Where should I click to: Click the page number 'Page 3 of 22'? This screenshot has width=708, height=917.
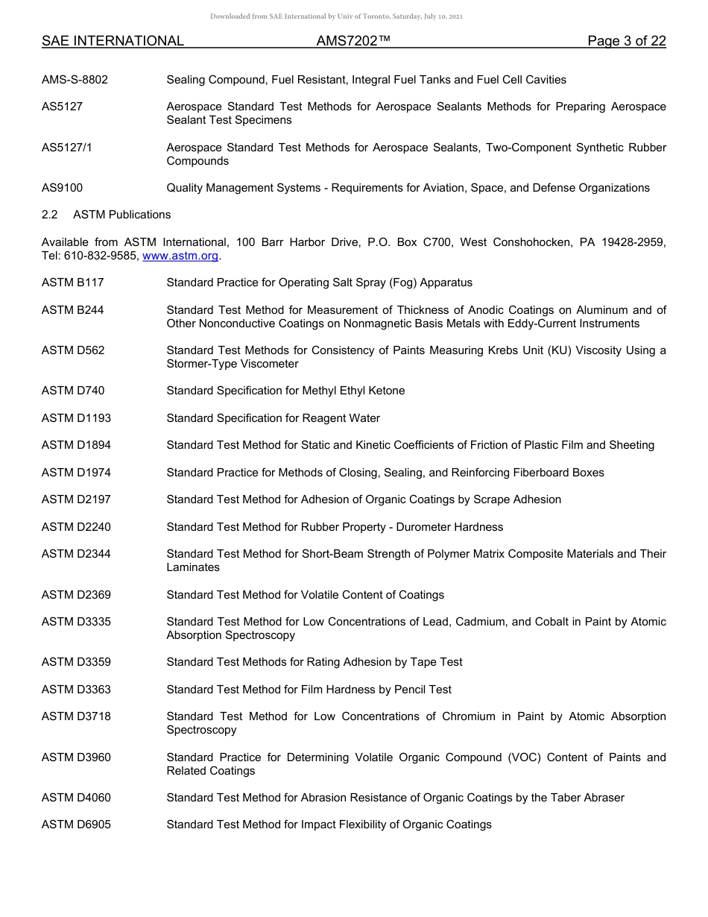(626, 41)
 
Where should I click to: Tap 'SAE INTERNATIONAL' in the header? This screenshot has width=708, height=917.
(113, 41)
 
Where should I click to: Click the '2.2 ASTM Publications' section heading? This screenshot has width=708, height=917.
(106, 215)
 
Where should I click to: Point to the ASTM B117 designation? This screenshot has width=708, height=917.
(73, 283)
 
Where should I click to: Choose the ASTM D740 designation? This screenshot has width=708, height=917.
(73, 391)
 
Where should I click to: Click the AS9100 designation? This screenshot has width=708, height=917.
(62, 188)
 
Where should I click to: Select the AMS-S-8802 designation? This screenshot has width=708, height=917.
(75, 80)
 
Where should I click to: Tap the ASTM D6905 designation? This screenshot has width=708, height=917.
(76, 825)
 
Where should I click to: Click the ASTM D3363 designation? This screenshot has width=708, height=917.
(76, 690)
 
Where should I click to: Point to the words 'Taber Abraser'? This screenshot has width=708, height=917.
(588, 798)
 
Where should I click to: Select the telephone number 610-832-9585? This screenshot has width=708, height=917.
(101, 256)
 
